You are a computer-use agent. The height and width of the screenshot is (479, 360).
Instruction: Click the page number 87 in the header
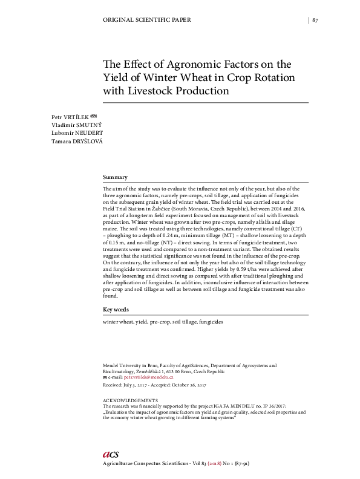[x=315, y=20]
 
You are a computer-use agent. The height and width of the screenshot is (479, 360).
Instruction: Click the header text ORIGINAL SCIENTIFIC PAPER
[x=148, y=20]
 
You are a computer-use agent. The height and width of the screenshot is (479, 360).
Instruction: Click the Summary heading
[x=115, y=177]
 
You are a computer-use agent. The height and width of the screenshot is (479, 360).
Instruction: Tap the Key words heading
[x=116, y=310]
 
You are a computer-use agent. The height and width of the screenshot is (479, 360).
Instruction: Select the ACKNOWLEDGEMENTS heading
[x=131, y=400]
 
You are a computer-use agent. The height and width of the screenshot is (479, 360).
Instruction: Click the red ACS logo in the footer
[x=111, y=454]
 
